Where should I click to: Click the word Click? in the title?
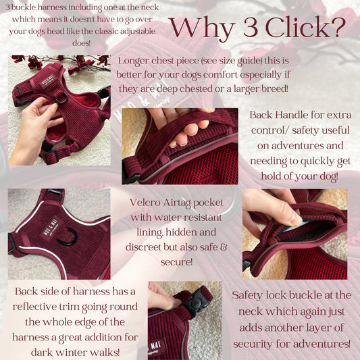tap(305, 28)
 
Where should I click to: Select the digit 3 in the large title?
tap(251, 28)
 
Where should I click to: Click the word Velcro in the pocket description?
tap(144, 202)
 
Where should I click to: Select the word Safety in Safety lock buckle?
tap(247, 295)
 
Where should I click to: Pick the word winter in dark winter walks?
tap(71, 352)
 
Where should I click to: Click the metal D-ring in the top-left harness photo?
tap(61, 97)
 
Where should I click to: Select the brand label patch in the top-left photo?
tap(48, 82)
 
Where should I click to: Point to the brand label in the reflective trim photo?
tap(50, 228)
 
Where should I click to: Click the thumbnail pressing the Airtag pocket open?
tap(296, 219)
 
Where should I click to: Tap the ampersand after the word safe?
tap(224, 247)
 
